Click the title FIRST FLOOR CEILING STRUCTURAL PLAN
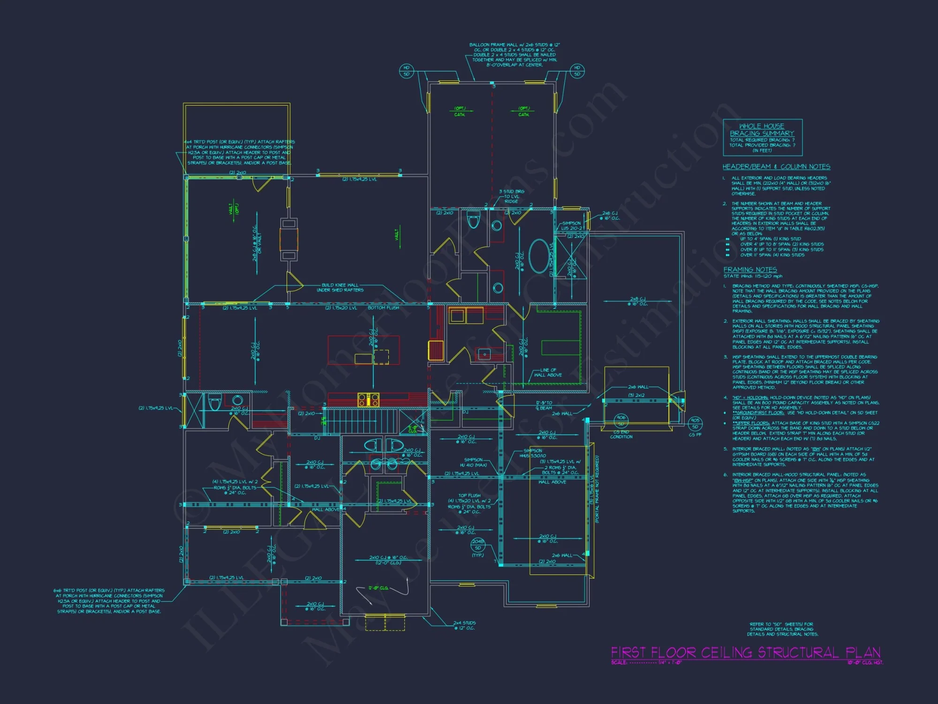tap(745, 653)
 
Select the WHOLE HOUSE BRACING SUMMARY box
tap(762, 138)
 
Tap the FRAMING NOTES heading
tap(750, 269)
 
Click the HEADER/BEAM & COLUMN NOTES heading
tap(776, 167)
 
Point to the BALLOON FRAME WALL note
tap(514, 55)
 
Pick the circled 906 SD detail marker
tap(621, 420)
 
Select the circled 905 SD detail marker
tap(695, 423)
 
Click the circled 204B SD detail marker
tap(478, 544)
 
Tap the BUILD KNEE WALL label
tap(340, 287)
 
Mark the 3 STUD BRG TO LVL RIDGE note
tap(511, 196)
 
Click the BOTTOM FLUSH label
tap(383, 308)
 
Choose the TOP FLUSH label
tap(469, 495)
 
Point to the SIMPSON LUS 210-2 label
tap(571, 226)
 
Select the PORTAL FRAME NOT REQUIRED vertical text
tap(597, 489)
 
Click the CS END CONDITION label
tap(621, 434)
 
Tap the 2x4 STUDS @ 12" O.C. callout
tap(464, 625)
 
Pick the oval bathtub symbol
tap(539, 256)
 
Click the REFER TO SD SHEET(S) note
tap(782, 629)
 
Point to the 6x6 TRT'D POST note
tap(109, 601)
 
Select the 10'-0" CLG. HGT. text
tap(865, 662)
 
